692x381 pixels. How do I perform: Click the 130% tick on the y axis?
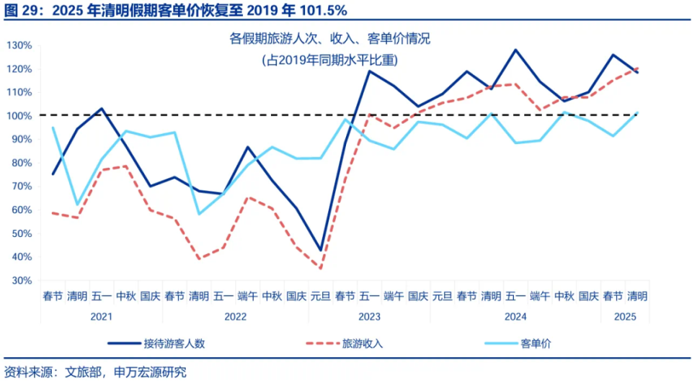(19, 45)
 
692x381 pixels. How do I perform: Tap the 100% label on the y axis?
(19, 116)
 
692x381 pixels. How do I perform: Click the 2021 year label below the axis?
(101, 316)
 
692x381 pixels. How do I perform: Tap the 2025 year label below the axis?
(624, 316)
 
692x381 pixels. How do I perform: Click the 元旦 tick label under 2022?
(321, 295)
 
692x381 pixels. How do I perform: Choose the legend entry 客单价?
(536, 344)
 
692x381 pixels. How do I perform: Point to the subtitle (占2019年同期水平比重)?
(329, 60)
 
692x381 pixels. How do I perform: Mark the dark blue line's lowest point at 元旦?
(321, 250)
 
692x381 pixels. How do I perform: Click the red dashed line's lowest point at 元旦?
(321, 269)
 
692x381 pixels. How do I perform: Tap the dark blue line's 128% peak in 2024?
(515, 50)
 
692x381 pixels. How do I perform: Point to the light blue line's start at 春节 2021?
(53, 127)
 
